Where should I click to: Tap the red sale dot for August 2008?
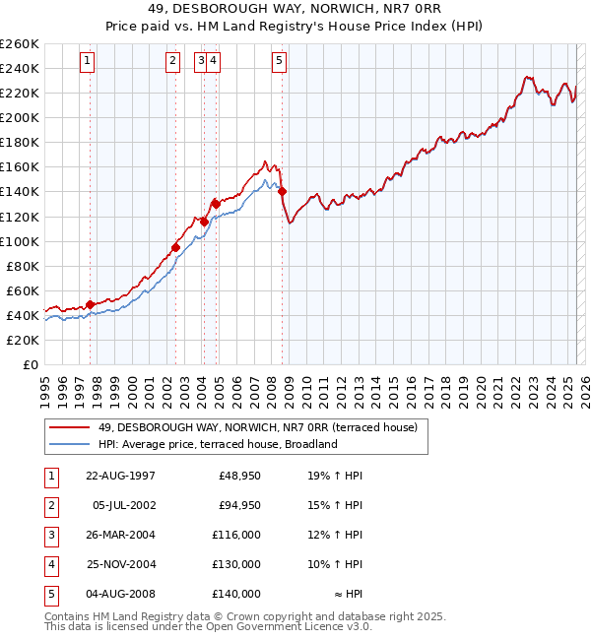pyautogui.click(x=282, y=191)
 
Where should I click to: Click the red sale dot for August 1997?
pyautogui.click(x=90, y=304)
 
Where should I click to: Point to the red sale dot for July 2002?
pyautogui.click(x=175, y=247)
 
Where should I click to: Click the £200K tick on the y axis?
pyautogui.click(x=20, y=117)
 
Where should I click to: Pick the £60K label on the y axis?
pyautogui.click(x=23, y=290)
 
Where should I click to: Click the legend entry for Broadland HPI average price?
pyautogui.click(x=218, y=444)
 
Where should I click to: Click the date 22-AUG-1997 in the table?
pyautogui.click(x=120, y=476)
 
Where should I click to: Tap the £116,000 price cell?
pyautogui.click(x=236, y=535)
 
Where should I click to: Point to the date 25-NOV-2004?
pyautogui.click(x=120, y=564)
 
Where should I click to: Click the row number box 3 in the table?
pyautogui.click(x=49, y=535)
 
